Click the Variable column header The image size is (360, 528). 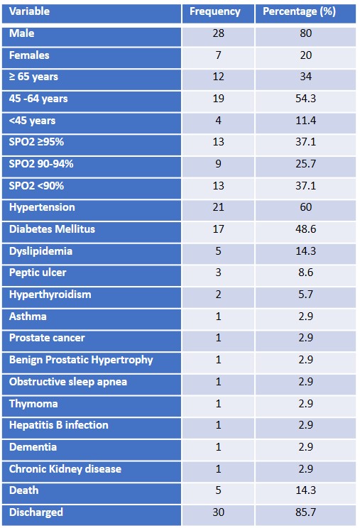(x=29, y=11)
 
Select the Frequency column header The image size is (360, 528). (x=215, y=12)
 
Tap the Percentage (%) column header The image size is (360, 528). (x=299, y=12)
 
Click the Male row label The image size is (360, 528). (x=21, y=33)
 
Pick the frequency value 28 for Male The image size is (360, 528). (x=218, y=33)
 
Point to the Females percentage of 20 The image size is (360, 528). (x=306, y=55)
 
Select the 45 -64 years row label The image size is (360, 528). (x=38, y=99)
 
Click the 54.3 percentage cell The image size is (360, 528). (x=306, y=99)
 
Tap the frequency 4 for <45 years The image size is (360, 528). (x=218, y=121)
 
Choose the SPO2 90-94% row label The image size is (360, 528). (x=41, y=164)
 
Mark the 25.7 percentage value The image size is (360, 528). (x=306, y=164)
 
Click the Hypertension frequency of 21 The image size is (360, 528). (x=218, y=207)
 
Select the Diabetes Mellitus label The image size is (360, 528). (x=52, y=229)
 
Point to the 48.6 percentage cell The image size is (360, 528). (x=306, y=229)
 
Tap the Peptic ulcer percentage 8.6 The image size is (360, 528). (x=306, y=273)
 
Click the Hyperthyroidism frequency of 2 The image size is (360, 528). (x=218, y=295)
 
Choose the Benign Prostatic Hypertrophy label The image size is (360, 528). (x=81, y=360)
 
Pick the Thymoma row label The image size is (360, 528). (x=33, y=404)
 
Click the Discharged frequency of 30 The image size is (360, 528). (x=218, y=512)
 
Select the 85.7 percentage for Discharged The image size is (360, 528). (x=306, y=512)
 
